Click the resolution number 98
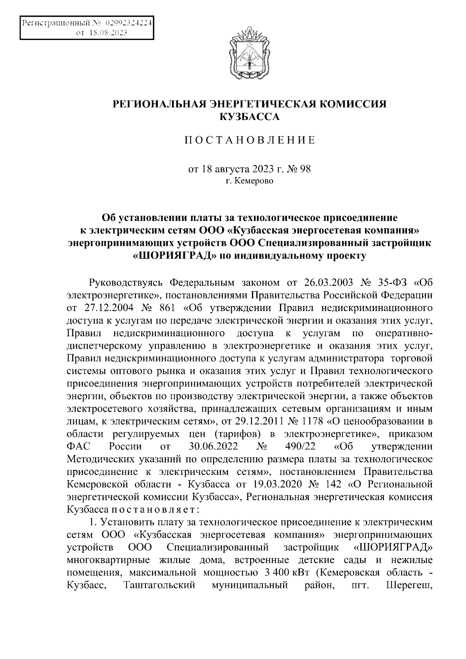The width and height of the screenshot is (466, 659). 305,169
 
